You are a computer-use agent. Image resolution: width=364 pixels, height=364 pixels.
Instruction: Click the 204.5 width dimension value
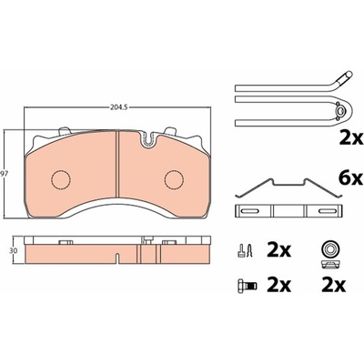116,106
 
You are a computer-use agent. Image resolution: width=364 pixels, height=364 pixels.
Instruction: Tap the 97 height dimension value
4,174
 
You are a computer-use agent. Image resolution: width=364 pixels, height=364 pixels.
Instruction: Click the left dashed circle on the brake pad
60,180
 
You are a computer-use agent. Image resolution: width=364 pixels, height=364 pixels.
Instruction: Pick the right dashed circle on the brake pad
175,180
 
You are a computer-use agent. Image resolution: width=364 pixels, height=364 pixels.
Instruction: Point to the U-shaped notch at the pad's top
147,140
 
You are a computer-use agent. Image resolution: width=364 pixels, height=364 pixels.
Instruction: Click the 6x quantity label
350,178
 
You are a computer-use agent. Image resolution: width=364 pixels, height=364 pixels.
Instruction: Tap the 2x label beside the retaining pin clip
350,138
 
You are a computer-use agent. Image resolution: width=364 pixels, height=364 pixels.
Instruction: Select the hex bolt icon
247,285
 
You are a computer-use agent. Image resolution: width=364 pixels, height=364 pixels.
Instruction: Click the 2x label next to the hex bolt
278,285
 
